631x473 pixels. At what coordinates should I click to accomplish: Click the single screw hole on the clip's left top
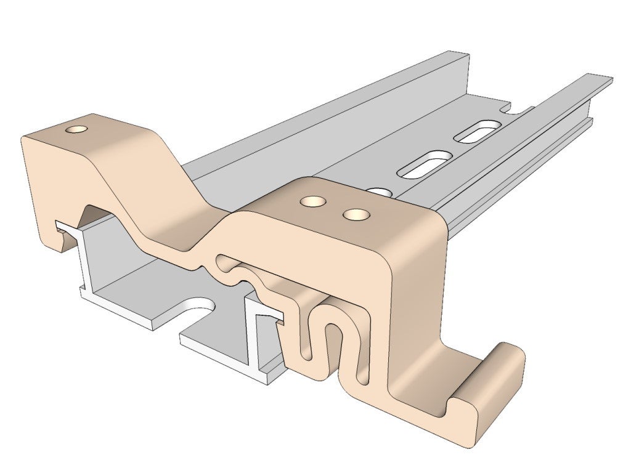pyautogui.click(x=77, y=130)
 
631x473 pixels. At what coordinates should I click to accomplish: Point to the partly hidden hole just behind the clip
pyautogui.click(x=383, y=192)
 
